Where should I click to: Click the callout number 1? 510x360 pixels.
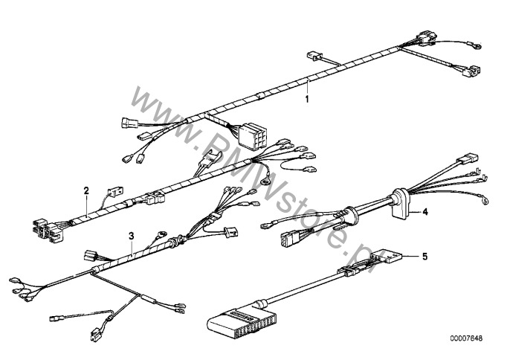click(x=307, y=98)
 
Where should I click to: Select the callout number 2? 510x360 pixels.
click(x=86, y=190)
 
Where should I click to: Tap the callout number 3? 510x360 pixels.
click(x=131, y=236)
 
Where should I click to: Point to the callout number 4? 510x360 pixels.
click(x=425, y=212)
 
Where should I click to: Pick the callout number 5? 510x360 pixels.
click(x=425, y=256)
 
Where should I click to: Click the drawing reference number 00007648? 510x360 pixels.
click(x=466, y=338)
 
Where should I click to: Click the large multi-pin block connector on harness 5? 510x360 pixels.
click(x=238, y=321)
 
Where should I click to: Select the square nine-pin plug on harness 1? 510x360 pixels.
click(x=251, y=136)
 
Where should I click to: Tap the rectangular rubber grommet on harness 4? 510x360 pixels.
click(x=400, y=202)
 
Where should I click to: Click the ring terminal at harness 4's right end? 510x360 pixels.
click(x=485, y=200)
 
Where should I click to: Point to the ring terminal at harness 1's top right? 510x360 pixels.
click(x=477, y=46)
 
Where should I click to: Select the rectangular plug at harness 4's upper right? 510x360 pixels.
click(x=467, y=159)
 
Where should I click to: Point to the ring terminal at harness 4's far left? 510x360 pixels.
click(x=265, y=225)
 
